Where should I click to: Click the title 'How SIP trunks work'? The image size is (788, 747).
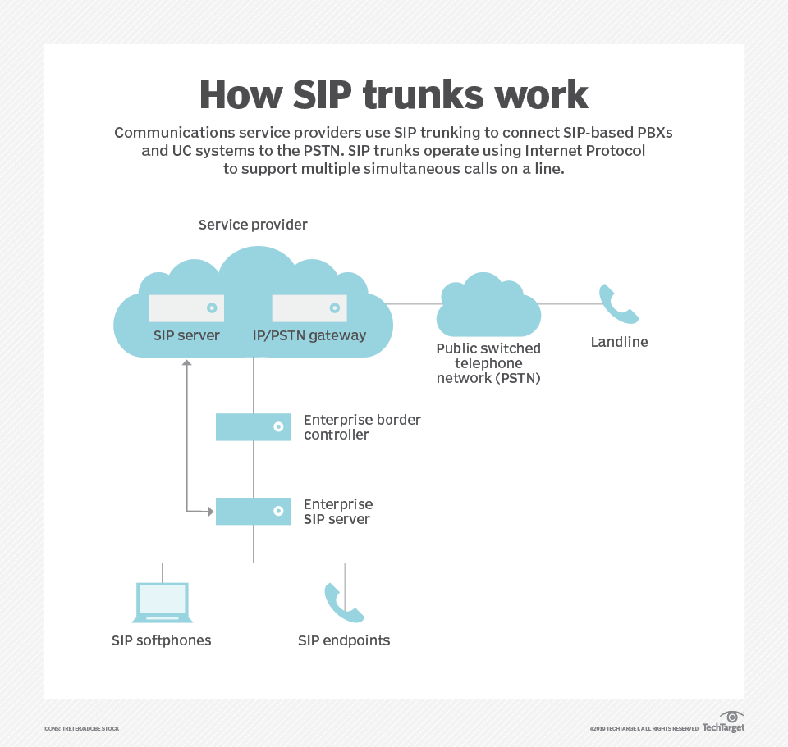(393, 95)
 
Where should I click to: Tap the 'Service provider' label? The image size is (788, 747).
(253, 225)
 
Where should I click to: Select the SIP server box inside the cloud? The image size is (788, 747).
(186, 308)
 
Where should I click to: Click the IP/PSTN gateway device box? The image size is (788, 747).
(309, 308)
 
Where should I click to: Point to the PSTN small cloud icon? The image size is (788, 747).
(488, 307)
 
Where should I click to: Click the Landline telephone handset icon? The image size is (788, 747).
(618, 304)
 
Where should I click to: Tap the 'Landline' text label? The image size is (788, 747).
(619, 342)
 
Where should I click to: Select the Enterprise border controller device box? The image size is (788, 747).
(253, 427)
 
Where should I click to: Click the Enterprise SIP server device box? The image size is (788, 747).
(253, 511)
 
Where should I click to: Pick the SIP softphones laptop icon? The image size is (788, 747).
(162, 604)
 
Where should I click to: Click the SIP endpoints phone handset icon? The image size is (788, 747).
(343, 604)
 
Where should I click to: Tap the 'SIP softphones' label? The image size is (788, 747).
(162, 640)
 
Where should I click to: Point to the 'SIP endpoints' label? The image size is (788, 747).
(344, 640)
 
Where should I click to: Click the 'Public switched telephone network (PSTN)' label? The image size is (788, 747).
(488, 363)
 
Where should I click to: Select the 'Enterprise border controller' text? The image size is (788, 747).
(362, 427)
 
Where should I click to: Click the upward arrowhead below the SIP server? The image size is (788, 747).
(186, 363)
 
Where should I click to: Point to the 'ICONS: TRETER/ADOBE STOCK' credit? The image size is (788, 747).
(81, 728)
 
